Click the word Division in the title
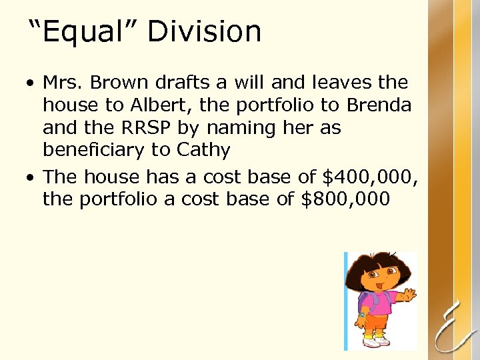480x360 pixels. (204, 31)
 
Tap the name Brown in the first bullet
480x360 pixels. (119, 83)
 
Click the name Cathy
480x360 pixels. (203, 151)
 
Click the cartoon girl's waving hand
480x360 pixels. (408, 293)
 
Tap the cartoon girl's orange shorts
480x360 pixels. (378, 321)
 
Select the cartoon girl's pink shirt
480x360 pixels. (380, 298)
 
